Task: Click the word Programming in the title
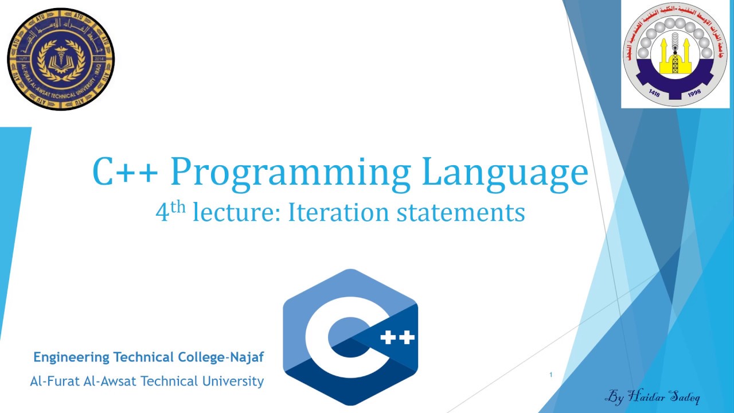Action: [x=290, y=173]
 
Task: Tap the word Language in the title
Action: [x=505, y=173]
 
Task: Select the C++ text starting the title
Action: [x=125, y=172]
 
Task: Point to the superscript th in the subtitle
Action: [x=178, y=206]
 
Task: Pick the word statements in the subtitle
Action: [x=452, y=213]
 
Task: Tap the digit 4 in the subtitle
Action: [x=162, y=213]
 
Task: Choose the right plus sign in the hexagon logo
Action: [x=406, y=338]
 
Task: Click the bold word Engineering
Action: [x=71, y=357]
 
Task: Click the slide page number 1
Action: [x=550, y=375]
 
